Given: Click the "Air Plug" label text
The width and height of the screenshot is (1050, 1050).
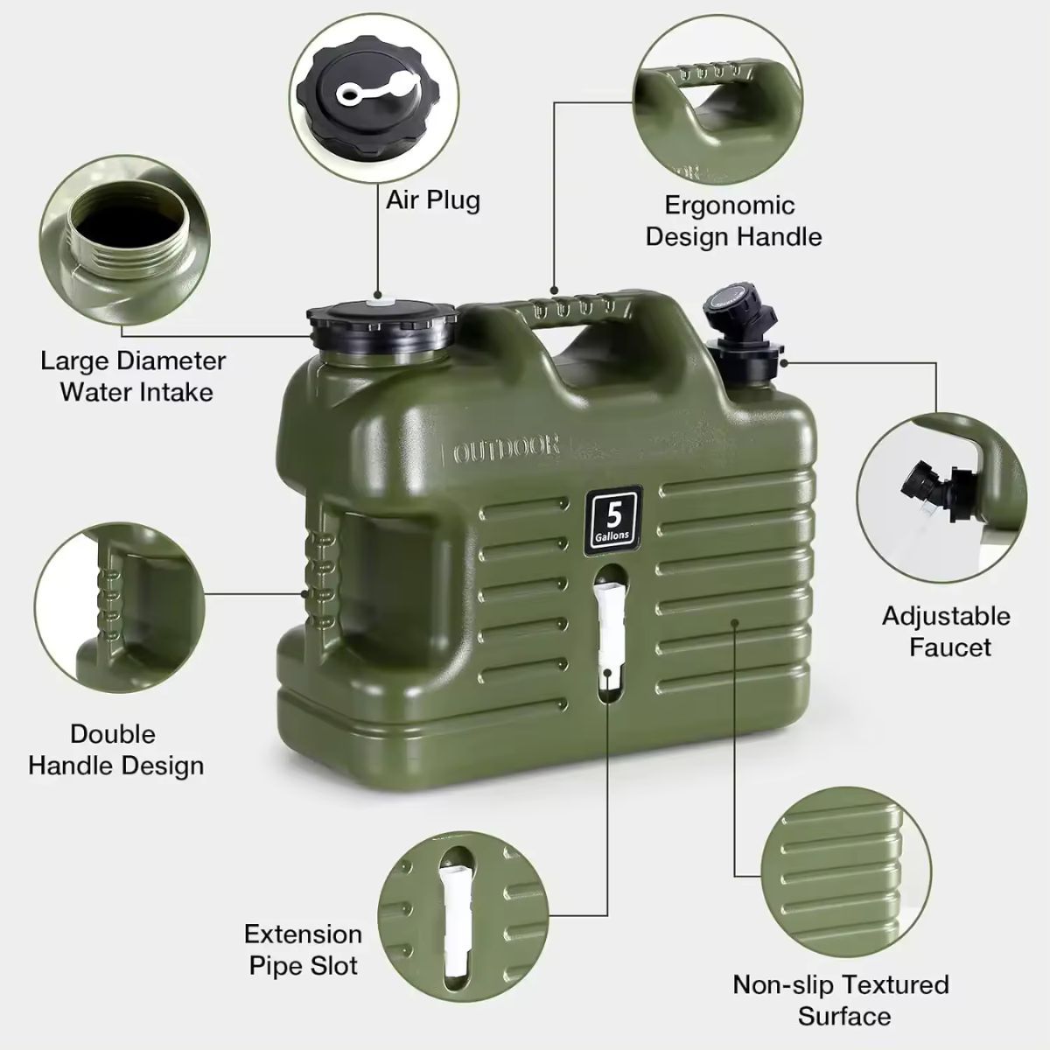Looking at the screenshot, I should tap(433, 199).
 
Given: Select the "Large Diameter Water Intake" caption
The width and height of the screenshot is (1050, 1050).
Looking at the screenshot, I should tap(133, 375).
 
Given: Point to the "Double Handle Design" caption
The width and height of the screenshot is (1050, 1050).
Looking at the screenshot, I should tap(115, 749).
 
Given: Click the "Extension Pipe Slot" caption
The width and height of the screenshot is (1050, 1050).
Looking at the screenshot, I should tap(303, 949).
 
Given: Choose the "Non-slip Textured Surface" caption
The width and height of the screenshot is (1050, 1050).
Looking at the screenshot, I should tap(841, 999).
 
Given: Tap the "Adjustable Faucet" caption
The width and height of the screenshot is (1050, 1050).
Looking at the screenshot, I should tap(946, 631).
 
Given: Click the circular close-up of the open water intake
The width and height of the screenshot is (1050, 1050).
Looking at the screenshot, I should tap(127, 246).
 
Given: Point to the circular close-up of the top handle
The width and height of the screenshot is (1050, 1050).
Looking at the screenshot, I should tap(717, 101).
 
